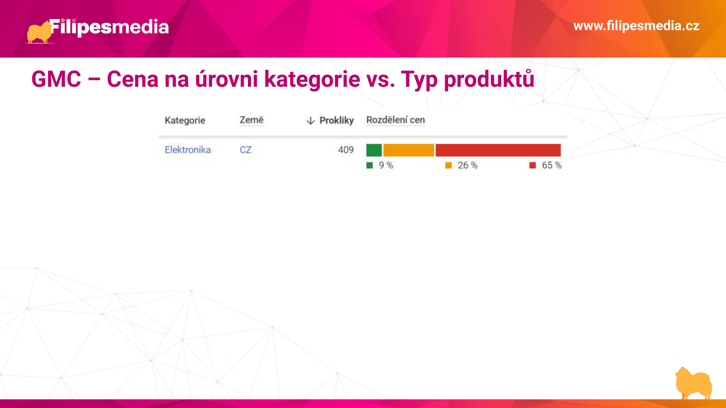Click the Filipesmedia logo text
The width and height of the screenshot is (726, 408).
pyautogui.click(x=109, y=27)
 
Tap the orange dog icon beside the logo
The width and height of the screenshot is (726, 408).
pyautogui.click(x=39, y=32)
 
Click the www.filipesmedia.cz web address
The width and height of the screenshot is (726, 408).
pyautogui.click(x=636, y=26)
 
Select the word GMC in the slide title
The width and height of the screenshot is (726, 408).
pyautogui.click(x=56, y=79)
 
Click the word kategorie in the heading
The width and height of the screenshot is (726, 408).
pyautogui.click(x=312, y=80)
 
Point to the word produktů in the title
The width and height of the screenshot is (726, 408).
pyautogui.click(x=489, y=80)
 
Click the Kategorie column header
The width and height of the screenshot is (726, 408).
pyautogui.click(x=185, y=120)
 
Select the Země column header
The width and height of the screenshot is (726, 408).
pyautogui.click(x=252, y=120)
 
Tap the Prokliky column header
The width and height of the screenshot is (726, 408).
pyautogui.click(x=336, y=120)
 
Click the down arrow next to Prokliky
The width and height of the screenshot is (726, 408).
pyautogui.click(x=311, y=120)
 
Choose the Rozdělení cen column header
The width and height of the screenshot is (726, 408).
pyautogui.click(x=396, y=120)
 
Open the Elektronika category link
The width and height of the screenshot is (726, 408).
pyautogui.click(x=188, y=150)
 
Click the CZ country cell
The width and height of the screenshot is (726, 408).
pyautogui.click(x=246, y=150)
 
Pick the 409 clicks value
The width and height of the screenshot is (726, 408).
pyautogui.click(x=346, y=150)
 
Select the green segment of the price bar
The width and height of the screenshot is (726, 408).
pyautogui.click(x=374, y=150)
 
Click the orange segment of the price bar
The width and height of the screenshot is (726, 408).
pyautogui.click(x=409, y=150)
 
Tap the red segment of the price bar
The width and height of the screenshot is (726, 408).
pyautogui.click(x=498, y=150)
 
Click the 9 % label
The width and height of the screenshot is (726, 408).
pyautogui.click(x=386, y=165)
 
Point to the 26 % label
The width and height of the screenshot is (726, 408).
pyautogui.click(x=468, y=165)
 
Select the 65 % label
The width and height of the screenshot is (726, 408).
pyautogui.click(x=552, y=165)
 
